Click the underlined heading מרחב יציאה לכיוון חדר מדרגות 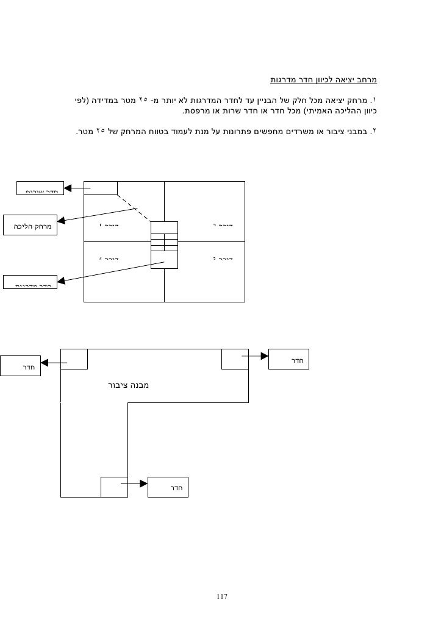coord(324,79)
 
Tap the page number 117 coord(221,596)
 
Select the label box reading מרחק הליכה coord(30,227)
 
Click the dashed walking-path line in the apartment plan coord(134,208)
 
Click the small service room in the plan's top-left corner coord(100,188)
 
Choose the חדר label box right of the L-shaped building coord(289,359)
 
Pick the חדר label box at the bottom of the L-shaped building coord(168,487)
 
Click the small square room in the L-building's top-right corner coord(235,359)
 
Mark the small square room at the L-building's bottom coord(114,487)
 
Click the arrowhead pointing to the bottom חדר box coord(144,483)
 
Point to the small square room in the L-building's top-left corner coord(74,359)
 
